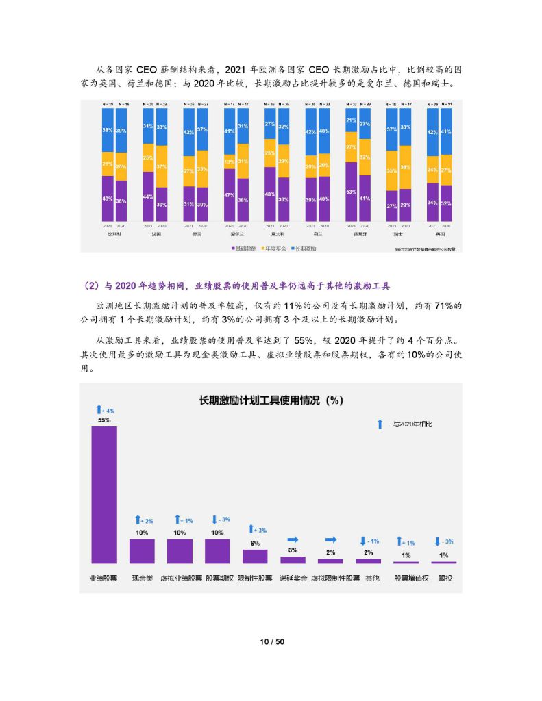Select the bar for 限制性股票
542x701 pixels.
(x=255, y=556)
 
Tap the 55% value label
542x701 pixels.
(x=104, y=420)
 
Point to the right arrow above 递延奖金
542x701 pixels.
(x=293, y=539)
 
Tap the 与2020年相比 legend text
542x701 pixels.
(x=412, y=424)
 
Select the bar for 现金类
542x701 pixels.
(x=142, y=550)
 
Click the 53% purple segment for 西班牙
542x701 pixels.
(x=351, y=192)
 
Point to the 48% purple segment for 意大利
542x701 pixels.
(x=270, y=195)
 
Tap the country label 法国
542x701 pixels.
(x=155, y=233)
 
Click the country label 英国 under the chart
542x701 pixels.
(x=439, y=233)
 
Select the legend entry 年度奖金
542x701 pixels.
(x=277, y=248)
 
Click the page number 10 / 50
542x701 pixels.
(x=271, y=641)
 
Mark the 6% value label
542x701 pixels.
(x=255, y=543)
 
